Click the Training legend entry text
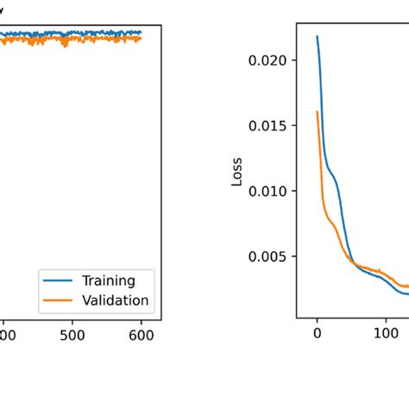(108, 280)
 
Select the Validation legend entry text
(115, 300)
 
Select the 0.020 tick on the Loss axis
(273, 60)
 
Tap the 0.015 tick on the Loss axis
(273, 126)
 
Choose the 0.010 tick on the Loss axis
(273, 191)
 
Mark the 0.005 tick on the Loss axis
(273, 256)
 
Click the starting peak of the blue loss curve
(317, 36)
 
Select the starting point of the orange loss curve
(318, 111)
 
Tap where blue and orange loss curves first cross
(352, 261)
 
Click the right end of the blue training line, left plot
(141, 33)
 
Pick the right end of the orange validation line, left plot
(141, 39)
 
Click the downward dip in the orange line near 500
(66, 45)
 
